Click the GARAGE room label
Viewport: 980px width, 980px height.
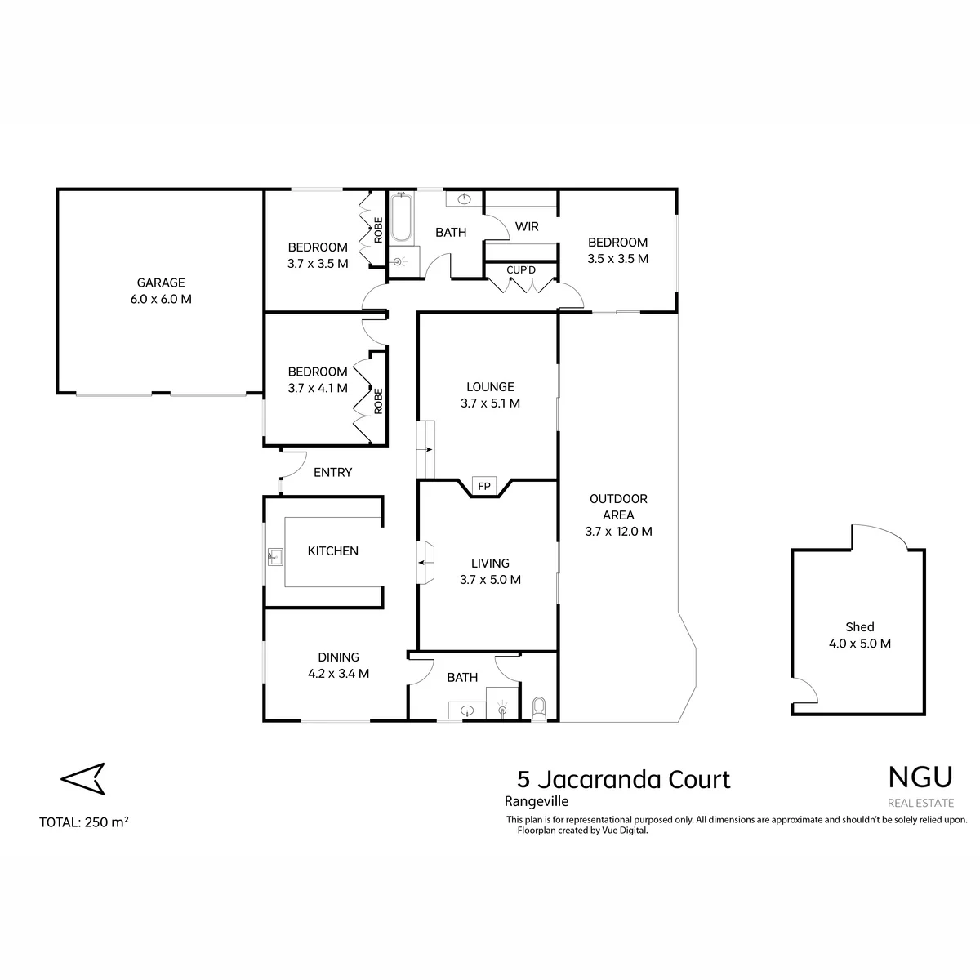tap(161, 283)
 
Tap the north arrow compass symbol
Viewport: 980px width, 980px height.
tap(83, 778)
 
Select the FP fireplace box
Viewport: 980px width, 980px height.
tap(483, 486)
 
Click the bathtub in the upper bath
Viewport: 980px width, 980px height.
tap(401, 217)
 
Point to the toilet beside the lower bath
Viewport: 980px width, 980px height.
tap(538, 708)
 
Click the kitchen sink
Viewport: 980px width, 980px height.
tap(275, 558)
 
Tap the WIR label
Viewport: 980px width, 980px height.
tap(527, 227)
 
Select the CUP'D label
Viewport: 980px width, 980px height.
tap(521, 270)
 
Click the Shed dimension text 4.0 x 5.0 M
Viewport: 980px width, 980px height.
tap(859, 644)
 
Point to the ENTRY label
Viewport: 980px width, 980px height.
tap(332, 473)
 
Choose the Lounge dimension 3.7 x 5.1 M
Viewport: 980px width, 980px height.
tap(490, 403)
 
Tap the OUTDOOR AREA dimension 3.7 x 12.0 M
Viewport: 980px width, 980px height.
tap(618, 532)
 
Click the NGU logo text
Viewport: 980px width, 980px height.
tap(920, 777)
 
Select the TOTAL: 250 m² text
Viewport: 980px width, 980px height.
tap(84, 822)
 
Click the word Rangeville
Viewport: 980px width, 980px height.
tap(536, 801)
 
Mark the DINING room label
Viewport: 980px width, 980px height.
tap(338, 657)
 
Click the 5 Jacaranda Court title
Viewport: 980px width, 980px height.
tap(623, 780)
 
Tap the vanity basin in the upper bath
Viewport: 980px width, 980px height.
tap(465, 198)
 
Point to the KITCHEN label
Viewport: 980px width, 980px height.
tap(332, 550)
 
